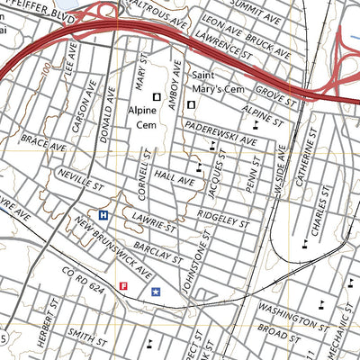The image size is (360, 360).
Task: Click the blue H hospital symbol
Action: click(x=103, y=215)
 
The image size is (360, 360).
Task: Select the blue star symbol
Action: click(x=156, y=291)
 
